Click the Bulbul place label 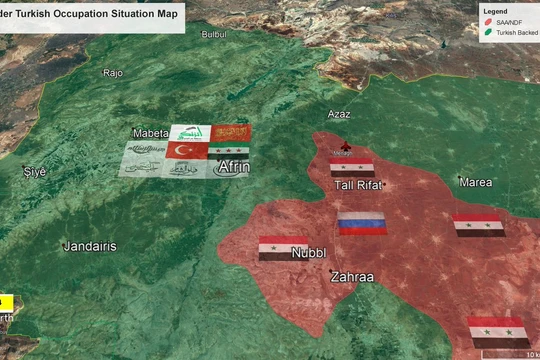[x=214, y=34]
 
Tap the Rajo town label [x=113, y=73]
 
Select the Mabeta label [x=151, y=133]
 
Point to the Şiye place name [x=35, y=172]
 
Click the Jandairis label [x=89, y=246]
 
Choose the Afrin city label [x=233, y=167]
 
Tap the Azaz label [x=340, y=115]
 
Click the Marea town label [x=475, y=182]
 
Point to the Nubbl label [x=308, y=253]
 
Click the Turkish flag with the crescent [x=186, y=150]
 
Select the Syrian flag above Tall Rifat [x=352, y=167]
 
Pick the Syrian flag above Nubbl [x=284, y=247]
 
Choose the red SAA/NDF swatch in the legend [x=488, y=23]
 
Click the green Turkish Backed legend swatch [x=488, y=33]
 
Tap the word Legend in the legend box [x=496, y=12]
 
